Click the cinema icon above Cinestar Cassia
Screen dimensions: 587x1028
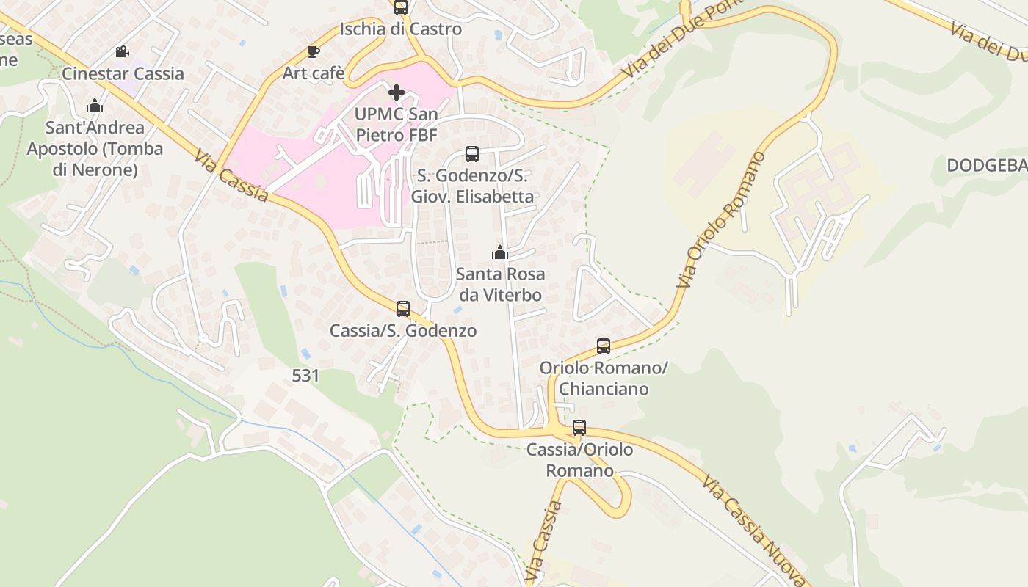[x=123, y=52]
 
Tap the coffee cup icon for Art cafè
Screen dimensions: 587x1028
[x=314, y=51]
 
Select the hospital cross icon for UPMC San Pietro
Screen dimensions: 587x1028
[x=397, y=92]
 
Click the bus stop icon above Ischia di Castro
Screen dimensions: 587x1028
[x=400, y=7]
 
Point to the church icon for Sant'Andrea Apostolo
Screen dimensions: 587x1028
[x=95, y=106]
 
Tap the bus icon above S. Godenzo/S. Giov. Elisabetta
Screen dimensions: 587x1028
[x=472, y=154]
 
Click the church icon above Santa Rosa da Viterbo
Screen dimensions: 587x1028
[x=500, y=252]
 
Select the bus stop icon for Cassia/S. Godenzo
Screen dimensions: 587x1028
[x=403, y=309]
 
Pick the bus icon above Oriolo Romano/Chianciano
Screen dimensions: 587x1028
[x=604, y=346]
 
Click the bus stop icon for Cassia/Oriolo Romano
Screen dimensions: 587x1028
[x=579, y=428]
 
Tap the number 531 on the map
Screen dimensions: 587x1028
[x=305, y=376]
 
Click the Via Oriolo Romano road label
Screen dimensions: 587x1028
[x=721, y=219]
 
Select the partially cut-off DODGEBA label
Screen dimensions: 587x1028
[x=987, y=166]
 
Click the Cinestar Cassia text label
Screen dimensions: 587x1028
[x=123, y=73]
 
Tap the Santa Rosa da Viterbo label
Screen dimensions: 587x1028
[x=500, y=285]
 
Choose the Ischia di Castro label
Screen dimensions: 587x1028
[x=400, y=29]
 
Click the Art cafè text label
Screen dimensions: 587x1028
[x=314, y=73]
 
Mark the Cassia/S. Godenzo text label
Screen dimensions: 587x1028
[x=403, y=331]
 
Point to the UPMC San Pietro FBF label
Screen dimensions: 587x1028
[x=397, y=125]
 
